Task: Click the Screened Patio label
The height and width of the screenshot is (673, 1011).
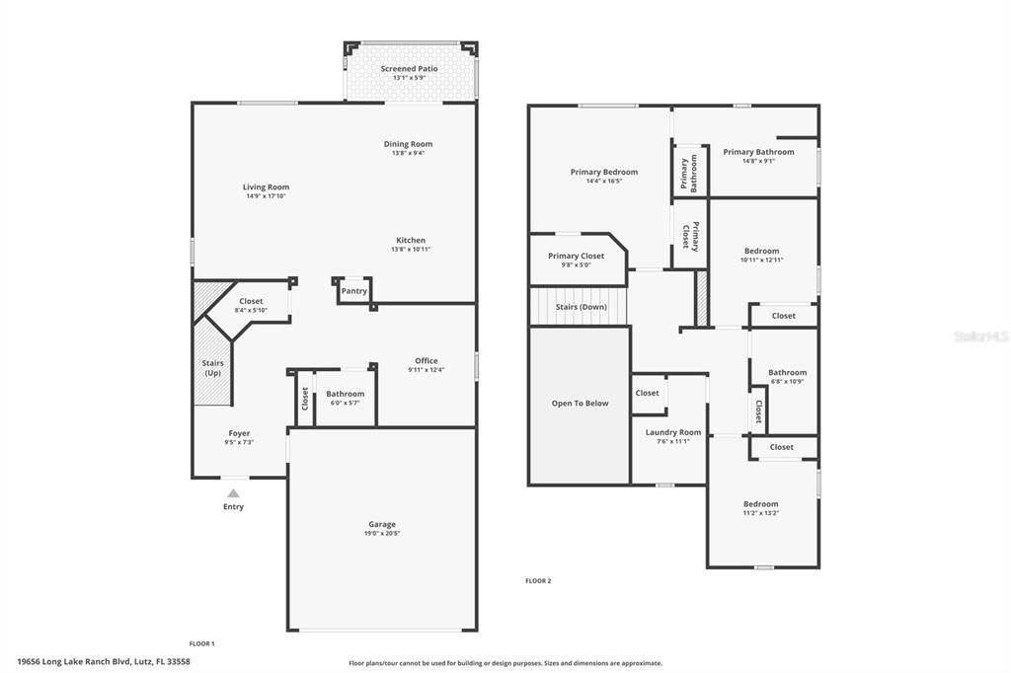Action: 409,68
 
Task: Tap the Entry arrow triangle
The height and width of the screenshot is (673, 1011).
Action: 233,493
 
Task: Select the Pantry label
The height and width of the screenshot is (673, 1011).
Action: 354,291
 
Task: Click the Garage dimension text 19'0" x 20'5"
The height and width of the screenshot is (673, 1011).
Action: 382,534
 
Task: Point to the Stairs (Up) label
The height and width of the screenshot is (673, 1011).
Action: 213,368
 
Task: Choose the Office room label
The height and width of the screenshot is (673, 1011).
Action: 427,361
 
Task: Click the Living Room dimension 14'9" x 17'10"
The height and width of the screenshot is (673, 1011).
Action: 266,196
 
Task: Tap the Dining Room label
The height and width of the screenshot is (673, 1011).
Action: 408,144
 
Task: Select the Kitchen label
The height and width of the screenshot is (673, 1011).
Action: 411,241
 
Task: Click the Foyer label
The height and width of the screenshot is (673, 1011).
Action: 239,434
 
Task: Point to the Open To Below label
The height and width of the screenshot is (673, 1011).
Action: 580,404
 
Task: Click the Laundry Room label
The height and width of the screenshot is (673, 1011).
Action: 673,432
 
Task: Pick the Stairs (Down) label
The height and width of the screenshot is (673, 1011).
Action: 581,307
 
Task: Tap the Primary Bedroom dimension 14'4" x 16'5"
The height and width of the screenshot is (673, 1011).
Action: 604,182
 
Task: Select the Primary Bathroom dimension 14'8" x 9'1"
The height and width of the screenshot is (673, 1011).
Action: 758,161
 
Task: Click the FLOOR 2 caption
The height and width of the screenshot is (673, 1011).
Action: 538,581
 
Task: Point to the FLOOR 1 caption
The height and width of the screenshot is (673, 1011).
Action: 201,643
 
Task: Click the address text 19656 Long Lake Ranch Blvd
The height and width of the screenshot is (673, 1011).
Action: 75,661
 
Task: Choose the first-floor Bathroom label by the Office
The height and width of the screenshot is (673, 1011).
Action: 345,394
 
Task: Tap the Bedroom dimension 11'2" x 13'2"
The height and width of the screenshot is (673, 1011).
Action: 761,513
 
